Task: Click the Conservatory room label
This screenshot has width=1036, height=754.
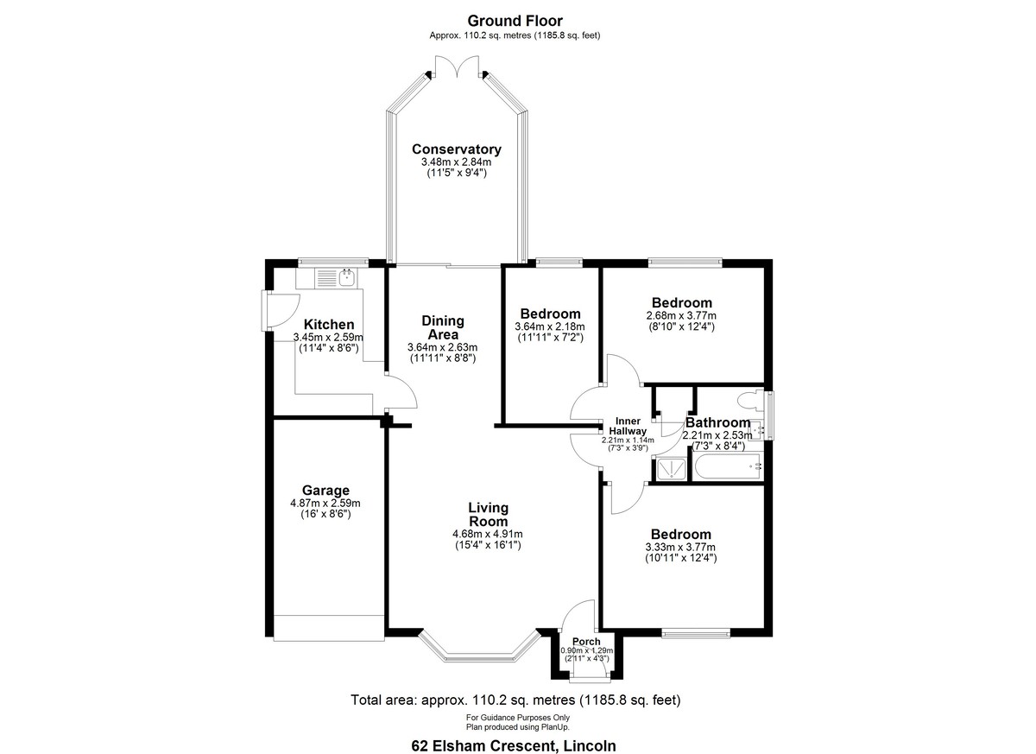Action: click(457, 149)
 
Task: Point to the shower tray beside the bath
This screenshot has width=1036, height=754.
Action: click(669, 469)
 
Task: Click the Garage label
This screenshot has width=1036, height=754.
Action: click(325, 490)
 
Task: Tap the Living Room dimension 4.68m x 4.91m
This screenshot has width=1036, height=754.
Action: click(488, 534)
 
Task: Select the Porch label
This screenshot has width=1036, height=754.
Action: click(586, 642)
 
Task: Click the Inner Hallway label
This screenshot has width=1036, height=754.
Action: click(628, 426)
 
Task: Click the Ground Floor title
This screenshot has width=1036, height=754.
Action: click(515, 21)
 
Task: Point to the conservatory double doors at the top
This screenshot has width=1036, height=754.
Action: click(457, 67)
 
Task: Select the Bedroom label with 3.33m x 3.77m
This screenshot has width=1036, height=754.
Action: click(681, 535)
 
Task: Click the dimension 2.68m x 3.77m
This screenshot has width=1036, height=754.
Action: click(681, 315)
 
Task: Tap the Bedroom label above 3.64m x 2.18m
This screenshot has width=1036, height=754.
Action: click(551, 314)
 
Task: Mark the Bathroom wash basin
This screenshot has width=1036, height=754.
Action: click(756, 431)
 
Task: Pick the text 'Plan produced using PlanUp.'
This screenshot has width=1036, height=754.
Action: click(517, 727)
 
